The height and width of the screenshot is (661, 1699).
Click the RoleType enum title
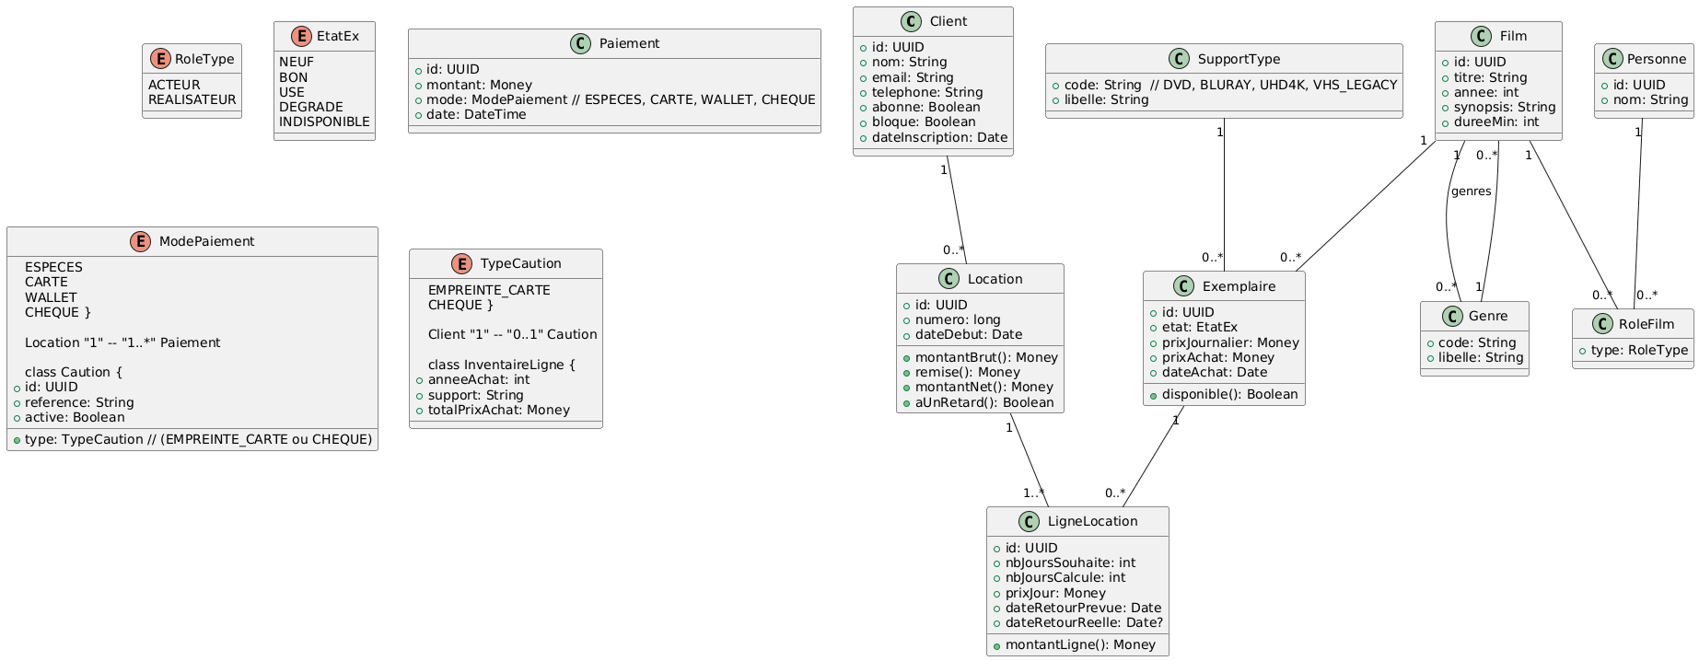[204, 59]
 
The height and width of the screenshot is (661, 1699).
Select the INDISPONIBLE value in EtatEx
[324, 122]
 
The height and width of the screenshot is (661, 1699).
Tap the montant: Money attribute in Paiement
[479, 85]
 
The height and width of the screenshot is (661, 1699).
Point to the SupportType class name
[1238, 59]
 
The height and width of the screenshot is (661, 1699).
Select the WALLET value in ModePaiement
[51, 297]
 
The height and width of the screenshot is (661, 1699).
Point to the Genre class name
[1488, 317]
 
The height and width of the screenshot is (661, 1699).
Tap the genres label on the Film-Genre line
[1471, 191]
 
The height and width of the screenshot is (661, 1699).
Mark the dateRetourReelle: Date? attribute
[1084, 622]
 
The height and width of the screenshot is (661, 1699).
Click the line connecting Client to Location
[957, 211]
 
